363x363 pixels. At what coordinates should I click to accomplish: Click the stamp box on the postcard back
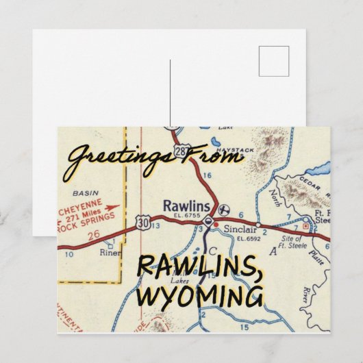coord(273,62)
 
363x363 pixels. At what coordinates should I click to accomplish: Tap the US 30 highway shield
coord(142,221)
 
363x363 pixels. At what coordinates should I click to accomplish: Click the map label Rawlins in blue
coord(181,204)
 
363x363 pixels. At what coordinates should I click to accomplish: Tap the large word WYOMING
coord(199,297)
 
